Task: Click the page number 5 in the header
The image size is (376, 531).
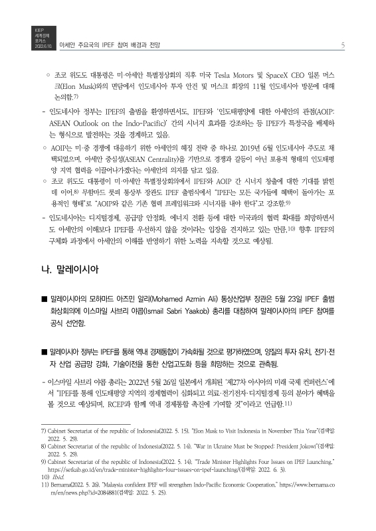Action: pyautogui.click(x=341, y=45)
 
